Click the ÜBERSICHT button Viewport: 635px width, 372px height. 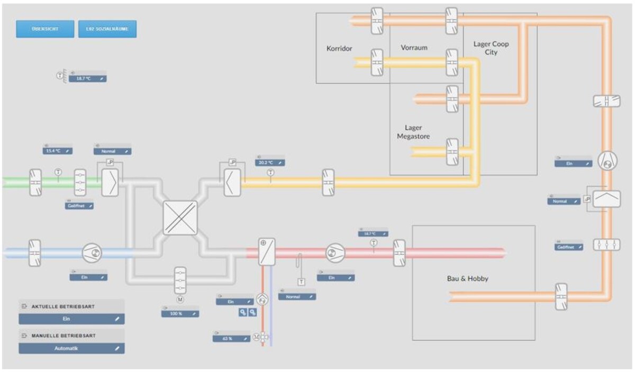coord(45,29)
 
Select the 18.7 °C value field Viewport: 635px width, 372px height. coord(87,79)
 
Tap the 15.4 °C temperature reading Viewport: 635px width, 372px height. coord(57,151)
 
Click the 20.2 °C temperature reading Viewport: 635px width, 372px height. coord(270,163)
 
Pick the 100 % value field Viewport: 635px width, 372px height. coord(180,314)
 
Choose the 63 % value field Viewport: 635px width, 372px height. coord(231,339)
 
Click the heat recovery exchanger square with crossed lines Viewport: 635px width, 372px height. coord(180,218)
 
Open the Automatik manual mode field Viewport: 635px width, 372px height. coord(71,349)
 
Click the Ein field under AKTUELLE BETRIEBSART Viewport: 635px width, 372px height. coord(71,319)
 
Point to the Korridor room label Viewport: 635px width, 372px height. coord(339,49)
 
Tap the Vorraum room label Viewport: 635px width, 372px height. coord(414,48)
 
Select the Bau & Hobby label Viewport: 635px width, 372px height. coord(467,278)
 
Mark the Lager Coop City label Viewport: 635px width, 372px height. coord(491,48)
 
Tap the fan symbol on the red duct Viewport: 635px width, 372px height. coord(334,253)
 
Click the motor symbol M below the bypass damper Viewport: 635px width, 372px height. coord(180,300)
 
